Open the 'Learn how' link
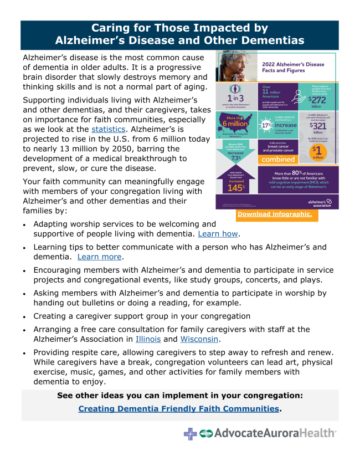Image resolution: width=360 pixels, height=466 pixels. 218,234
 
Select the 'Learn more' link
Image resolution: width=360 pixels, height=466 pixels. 100,257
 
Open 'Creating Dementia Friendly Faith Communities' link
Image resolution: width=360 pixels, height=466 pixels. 178,409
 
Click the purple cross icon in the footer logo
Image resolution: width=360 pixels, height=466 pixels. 191,433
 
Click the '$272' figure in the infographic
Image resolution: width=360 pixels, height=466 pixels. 320,99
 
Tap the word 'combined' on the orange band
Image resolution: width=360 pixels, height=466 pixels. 278,160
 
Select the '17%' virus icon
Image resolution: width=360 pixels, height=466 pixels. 268,125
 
